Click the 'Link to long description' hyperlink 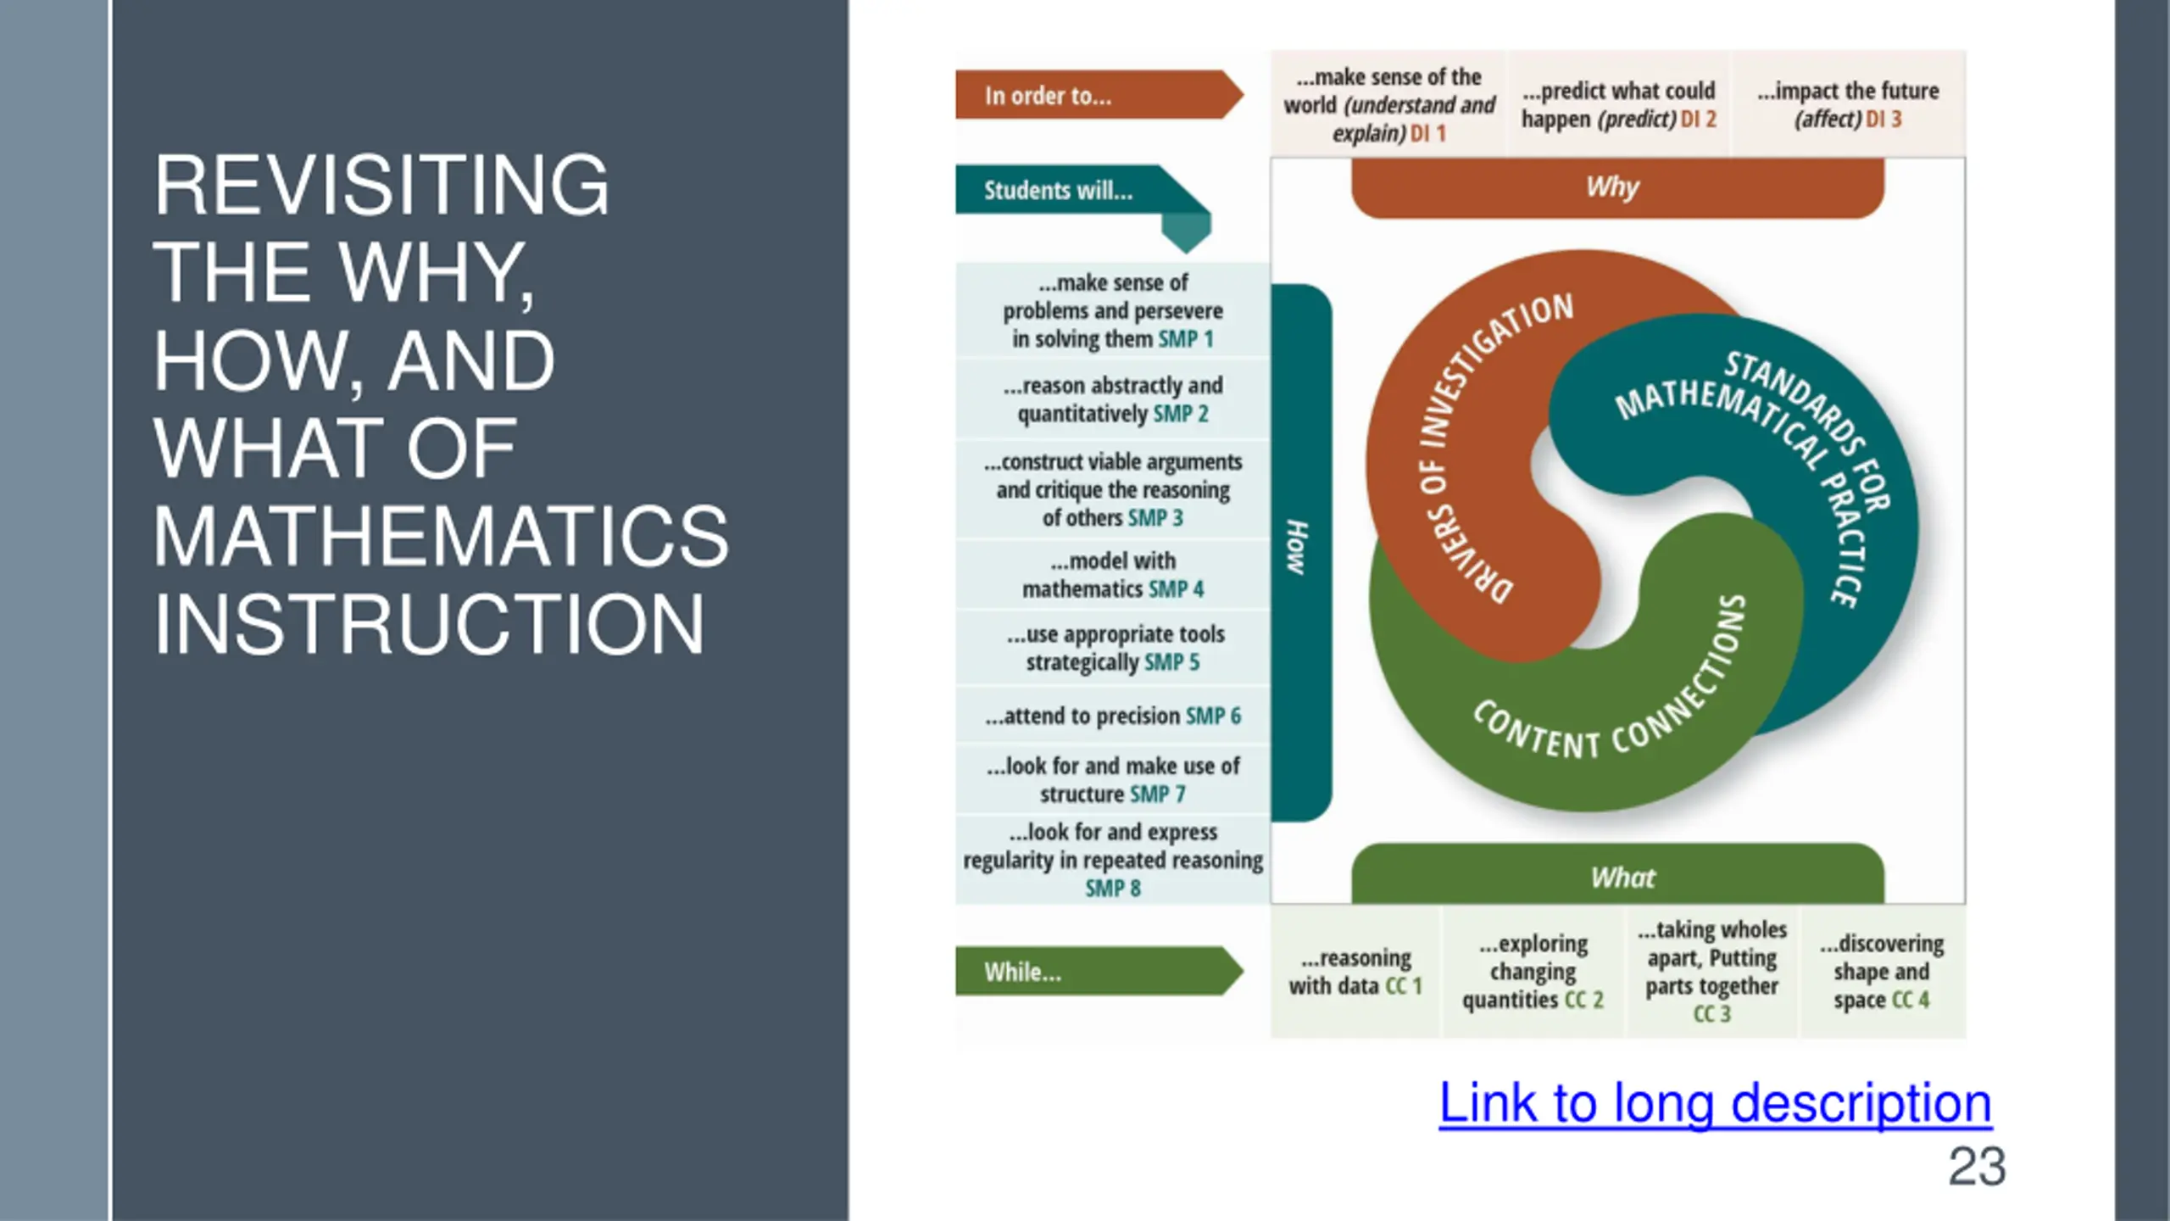pos(1715,1103)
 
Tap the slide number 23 pos(1976,1167)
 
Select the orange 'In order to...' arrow pos(1093,95)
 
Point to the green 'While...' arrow pos(1093,971)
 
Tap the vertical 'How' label pos(1298,548)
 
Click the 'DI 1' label pos(1428,133)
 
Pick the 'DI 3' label pos(1883,119)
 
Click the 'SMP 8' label pos(1113,888)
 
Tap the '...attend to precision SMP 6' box pos(1112,716)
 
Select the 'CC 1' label pos(1403,985)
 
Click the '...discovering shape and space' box pos(1881,971)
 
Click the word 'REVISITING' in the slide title pos(381,185)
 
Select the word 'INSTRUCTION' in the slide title pos(429,624)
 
